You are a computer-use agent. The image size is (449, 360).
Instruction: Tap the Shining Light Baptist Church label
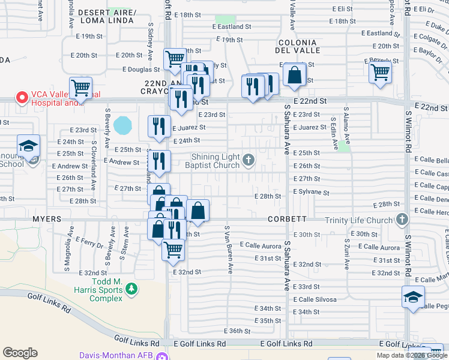(212, 161)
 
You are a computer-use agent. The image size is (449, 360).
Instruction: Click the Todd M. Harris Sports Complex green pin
(131, 290)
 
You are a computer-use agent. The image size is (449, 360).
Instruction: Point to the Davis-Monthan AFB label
(116, 355)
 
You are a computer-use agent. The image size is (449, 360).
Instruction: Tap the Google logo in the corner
(20, 353)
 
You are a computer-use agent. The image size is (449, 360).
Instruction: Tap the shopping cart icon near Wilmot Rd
(380, 72)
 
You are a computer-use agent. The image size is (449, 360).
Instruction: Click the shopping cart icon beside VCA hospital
(80, 88)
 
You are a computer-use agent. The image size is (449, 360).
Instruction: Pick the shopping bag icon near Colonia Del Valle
(294, 74)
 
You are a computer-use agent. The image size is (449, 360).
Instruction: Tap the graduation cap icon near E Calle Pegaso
(413, 298)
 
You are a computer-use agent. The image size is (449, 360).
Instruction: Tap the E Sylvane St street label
(312, 193)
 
